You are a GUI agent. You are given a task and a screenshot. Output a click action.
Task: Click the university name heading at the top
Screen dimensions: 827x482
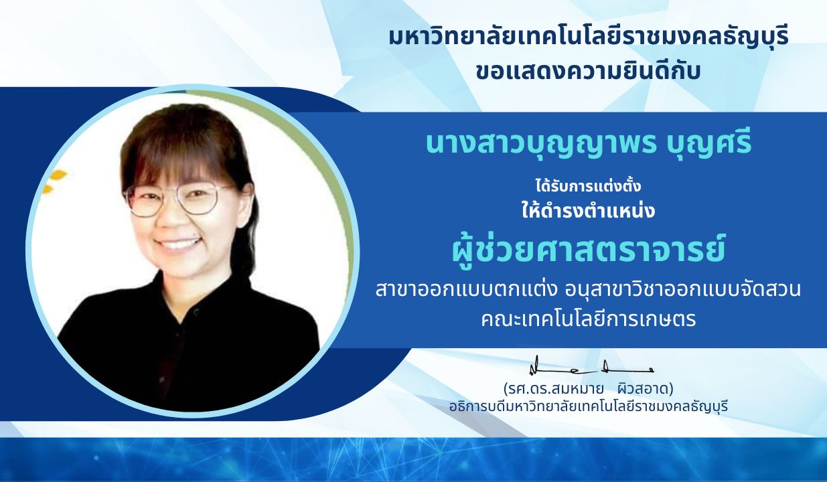pos(589,39)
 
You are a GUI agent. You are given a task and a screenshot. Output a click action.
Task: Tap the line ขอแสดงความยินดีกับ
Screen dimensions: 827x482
pos(589,72)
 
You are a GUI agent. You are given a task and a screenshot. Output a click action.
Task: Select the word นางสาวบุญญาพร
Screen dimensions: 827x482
pos(541,145)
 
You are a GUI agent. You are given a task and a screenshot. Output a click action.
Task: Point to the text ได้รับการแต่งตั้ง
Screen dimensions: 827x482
pos(589,186)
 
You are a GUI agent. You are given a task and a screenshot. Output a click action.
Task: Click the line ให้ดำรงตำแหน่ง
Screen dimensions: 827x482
pos(589,211)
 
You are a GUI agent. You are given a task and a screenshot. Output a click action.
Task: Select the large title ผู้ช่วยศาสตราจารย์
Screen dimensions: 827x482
pos(589,250)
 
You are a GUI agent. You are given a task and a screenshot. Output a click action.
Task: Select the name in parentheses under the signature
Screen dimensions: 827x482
pos(589,389)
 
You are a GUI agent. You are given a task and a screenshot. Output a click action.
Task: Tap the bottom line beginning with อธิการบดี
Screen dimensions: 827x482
pos(589,406)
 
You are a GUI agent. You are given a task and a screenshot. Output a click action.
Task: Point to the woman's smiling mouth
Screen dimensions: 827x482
pos(179,244)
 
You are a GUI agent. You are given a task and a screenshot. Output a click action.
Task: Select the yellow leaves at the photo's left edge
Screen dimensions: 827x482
pos(54,181)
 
